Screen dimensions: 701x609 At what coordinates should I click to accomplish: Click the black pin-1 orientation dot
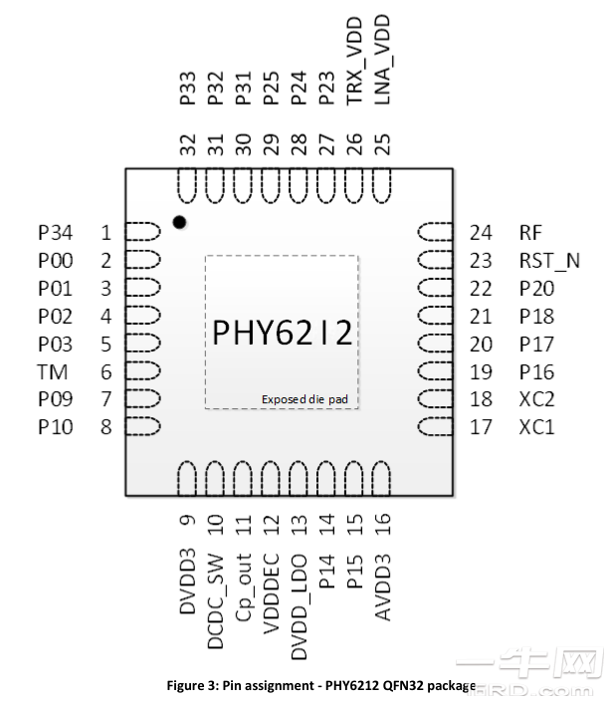pyautogui.click(x=180, y=222)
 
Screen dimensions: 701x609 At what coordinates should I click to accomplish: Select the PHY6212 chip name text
pyautogui.click(x=282, y=334)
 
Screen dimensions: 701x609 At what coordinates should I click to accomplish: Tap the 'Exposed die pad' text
pyautogui.click(x=304, y=399)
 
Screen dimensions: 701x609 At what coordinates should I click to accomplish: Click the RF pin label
pyautogui.click(x=530, y=233)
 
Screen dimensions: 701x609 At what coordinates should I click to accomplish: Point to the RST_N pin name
pyautogui.click(x=548, y=261)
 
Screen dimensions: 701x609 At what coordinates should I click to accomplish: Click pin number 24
pyautogui.click(x=481, y=233)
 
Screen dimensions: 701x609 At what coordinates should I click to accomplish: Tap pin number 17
pyautogui.click(x=481, y=427)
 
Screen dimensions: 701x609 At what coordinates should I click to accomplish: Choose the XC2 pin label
pyautogui.click(x=536, y=399)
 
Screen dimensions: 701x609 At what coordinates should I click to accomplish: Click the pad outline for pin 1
pyautogui.click(x=143, y=232)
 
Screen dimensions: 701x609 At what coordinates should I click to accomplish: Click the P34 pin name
pyautogui.click(x=55, y=233)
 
